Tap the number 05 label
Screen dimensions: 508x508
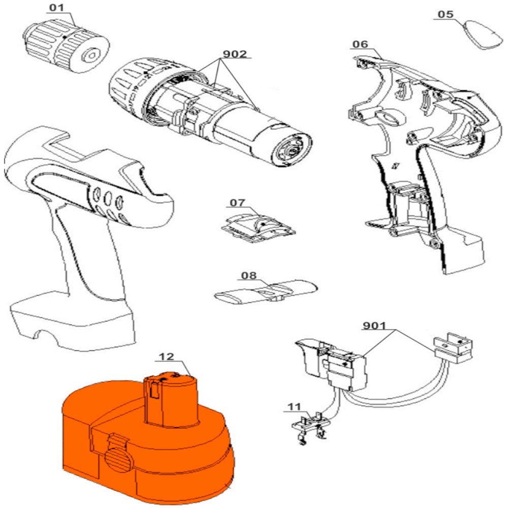point(445,14)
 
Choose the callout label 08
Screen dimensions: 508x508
point(249,276)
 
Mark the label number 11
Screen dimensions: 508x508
point(293,406)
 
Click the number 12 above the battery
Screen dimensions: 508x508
point(167,357)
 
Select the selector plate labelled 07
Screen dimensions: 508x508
point(259,226)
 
